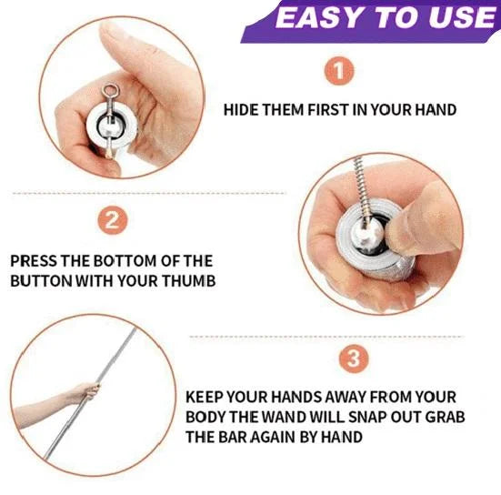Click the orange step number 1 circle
pyautogui.click(x=339, y=71)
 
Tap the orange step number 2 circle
pyautogui.click(x=112, y=219)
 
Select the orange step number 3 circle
pyautogui.click(x=354, y=359)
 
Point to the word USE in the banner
pyautogui.click(x=462, y=17)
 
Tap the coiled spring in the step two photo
pyautogui.click(x=360, y=189)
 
